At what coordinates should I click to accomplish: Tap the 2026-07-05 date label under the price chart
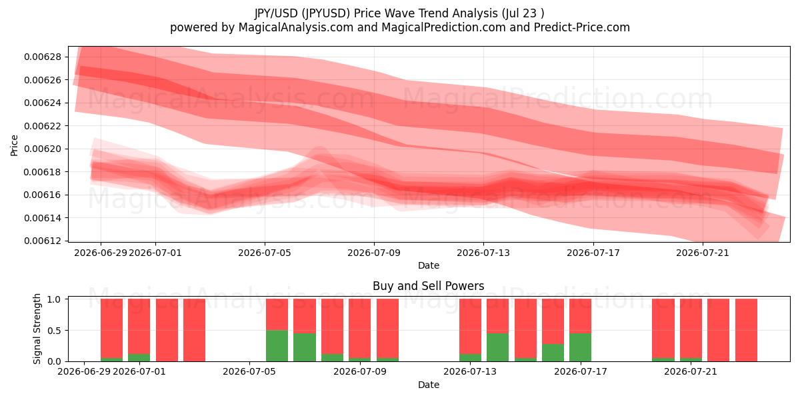point(265,253)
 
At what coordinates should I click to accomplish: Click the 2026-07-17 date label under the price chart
point(593,253)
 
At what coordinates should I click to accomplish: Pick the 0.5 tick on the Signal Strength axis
point(54,331)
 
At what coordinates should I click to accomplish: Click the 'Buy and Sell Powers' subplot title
point(429,286)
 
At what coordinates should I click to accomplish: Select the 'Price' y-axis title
point(14,145)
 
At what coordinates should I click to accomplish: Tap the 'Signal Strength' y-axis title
point(37,329)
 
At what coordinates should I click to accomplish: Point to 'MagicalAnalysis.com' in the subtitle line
point(296,27)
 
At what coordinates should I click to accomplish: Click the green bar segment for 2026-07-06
point(277,346)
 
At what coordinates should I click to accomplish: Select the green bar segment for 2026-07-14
point(497,347)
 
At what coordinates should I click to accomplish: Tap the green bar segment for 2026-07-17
point(581,347)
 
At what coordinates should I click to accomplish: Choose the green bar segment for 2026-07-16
point(553,353)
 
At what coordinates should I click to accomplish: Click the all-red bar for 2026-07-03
point(194,330)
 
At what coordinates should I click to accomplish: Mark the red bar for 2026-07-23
point(746,330)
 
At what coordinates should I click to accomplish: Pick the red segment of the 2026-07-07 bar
point(305,316)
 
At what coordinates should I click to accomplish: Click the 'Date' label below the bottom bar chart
point(429,385)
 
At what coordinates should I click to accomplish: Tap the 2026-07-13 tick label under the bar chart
point(470,371)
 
